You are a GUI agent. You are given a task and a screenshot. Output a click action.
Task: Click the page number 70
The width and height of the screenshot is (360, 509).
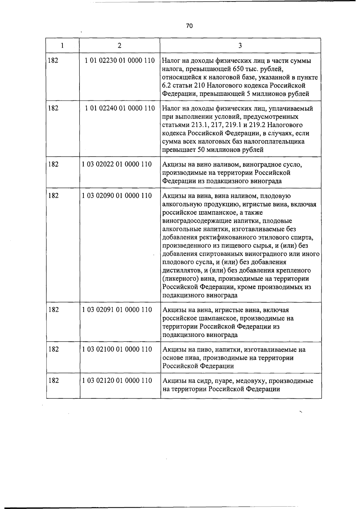tap(189, 26)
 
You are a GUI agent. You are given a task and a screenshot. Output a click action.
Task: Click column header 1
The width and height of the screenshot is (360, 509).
tap(62, 46)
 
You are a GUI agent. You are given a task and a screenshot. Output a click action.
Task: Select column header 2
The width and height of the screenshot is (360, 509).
tap(120, 46)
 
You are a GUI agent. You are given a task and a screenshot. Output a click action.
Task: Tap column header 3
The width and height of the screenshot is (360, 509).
tap(240, 46)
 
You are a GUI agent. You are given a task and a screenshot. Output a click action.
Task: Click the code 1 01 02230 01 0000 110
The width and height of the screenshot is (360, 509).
tap(120, 61)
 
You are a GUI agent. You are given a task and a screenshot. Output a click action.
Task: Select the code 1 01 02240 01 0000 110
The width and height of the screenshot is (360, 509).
tap(120, 108)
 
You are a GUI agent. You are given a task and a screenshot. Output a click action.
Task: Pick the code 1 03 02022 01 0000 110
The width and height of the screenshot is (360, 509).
tap(117, 164)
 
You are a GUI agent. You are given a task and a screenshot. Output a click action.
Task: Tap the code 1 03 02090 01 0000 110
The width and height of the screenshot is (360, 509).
tap(117, 196)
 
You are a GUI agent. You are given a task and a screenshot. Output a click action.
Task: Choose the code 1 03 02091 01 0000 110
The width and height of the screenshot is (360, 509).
tap(117, 310)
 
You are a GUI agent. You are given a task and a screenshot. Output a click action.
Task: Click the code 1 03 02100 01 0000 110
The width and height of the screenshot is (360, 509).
tap(117, 349)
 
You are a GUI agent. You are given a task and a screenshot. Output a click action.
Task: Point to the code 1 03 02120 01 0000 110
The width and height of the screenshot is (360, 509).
tap(117, 381)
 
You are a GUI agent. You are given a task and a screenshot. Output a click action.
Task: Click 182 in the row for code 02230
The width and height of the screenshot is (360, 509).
tap(53, 61)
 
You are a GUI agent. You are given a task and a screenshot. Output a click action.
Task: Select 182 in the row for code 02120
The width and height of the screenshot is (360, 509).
tap(54, 381)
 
